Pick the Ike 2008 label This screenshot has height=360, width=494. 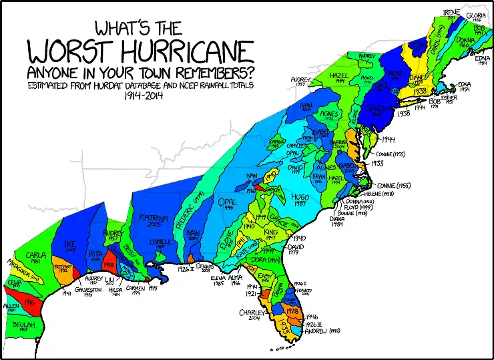point(71,247)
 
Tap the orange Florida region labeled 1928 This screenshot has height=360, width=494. point(292,311)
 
